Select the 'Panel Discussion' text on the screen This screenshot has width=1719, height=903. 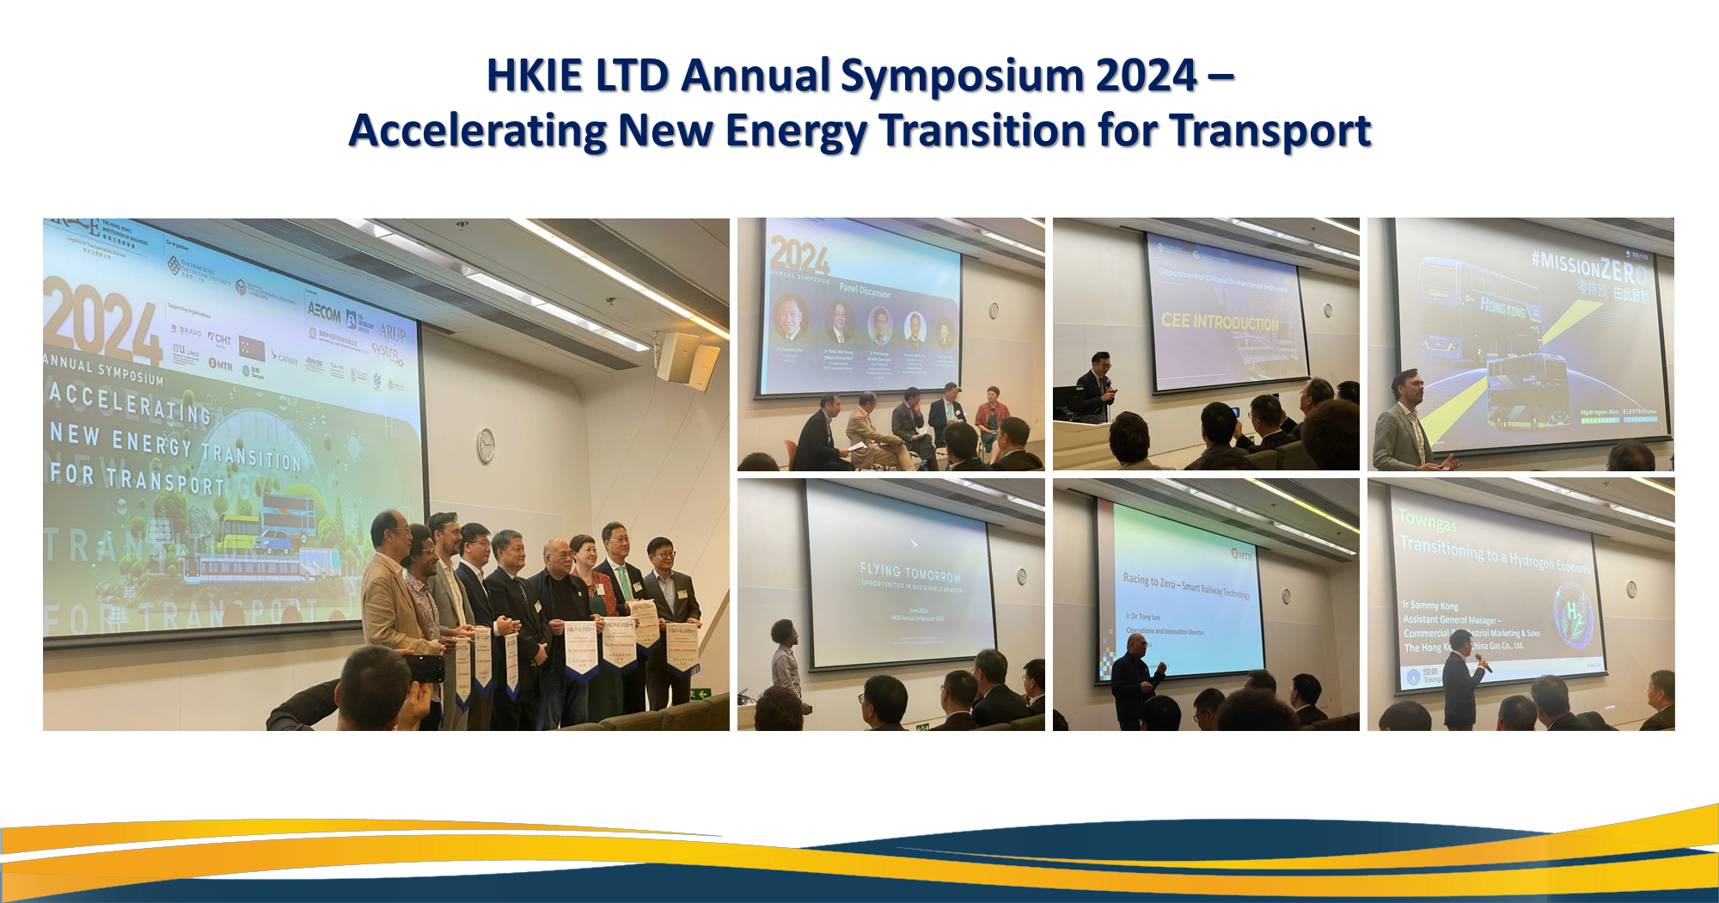click(865, 290)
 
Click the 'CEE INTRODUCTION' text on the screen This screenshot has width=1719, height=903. click(1219, 322)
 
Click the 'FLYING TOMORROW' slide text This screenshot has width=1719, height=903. click(910, 573)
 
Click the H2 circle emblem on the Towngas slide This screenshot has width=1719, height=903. click(1574, 613)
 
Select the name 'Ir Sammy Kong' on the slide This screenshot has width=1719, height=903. click(1430, 605)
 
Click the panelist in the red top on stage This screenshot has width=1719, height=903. click(992, 417)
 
